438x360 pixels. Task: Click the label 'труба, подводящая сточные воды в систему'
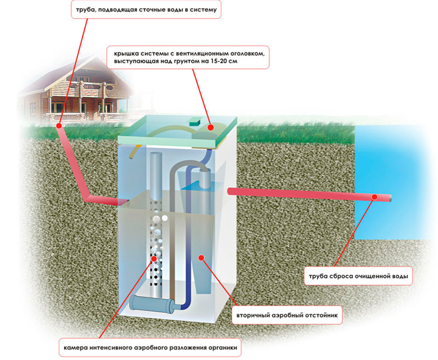(x=146, y=9)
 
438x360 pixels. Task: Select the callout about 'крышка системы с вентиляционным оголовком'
(x=188, y=58)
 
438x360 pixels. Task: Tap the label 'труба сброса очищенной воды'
(x=359, y=276)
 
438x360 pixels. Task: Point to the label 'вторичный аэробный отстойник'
(x=287, y=315)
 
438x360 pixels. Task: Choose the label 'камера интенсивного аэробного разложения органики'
(x=150, y=347)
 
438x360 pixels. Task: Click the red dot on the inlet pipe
(x=59, y=126)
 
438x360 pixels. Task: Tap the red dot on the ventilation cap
(x=211, y=128)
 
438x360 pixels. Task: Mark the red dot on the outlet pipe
(x=375, y=197)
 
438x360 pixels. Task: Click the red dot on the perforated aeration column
(x=154, y=259)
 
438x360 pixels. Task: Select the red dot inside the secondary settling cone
(x=201, y=257)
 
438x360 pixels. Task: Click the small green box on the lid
(x=195, y=123)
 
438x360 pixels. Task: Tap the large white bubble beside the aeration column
(x=165, y=218)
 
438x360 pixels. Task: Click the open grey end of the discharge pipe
(x=390, y=198)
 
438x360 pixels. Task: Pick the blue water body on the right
(x=395, y=182)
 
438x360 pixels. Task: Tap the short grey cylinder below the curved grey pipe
(x=205, y=179)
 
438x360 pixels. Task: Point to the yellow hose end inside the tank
(x=131, y=157)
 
